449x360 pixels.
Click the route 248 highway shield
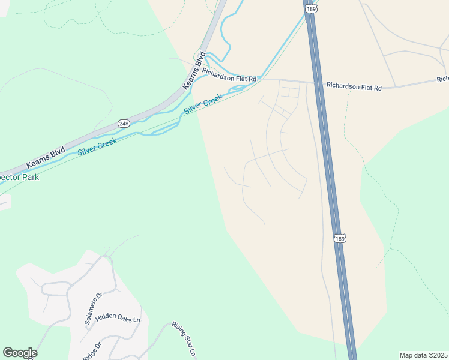tap(124, 123)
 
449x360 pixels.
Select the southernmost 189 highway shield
tap(340, 238)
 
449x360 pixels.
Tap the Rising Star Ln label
tap(184, 339)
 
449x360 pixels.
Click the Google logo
tap(20, 353)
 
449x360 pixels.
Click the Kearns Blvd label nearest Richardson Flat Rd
tap(194, 71)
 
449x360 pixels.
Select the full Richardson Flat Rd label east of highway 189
tap(354, 86)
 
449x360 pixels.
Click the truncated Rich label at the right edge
tap(443, 79)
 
